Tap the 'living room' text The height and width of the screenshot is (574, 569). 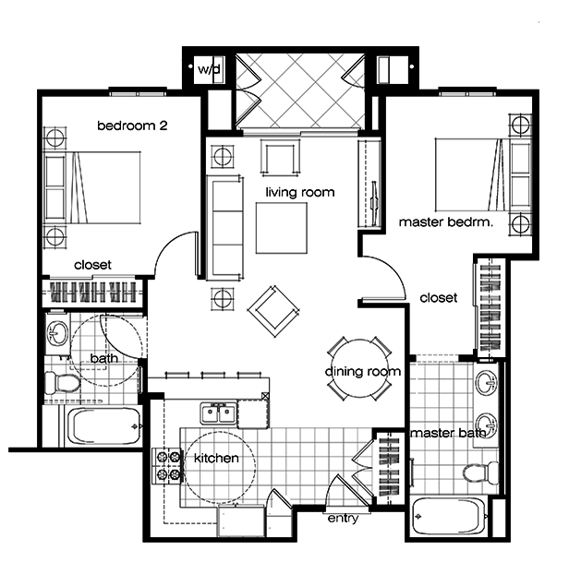(299, 193)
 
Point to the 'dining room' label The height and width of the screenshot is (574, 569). (362, 372)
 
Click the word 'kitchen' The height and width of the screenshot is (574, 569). (216, 459)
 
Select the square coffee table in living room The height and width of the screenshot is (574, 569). (283, 227)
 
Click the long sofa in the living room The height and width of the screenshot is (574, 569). (224, 230)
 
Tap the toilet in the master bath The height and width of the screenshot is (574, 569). (476, 474)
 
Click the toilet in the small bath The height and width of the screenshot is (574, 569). (63, 381)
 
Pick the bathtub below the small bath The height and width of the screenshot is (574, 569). (103, 428)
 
